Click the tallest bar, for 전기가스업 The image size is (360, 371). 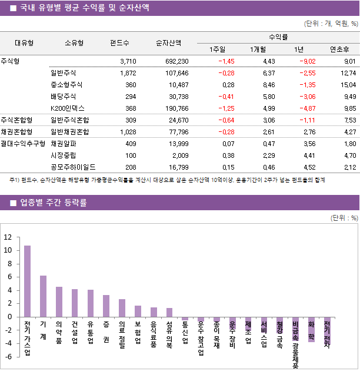[27, 281]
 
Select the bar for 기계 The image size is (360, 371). [43, 296]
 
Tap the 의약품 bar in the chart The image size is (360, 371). [59, 302]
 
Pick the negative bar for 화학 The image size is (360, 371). [311, 329]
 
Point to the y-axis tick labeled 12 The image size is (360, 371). [8, 237]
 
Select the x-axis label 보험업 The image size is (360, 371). [138, 333]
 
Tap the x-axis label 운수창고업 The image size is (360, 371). [201, 339]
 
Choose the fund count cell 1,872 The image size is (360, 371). [128, 74]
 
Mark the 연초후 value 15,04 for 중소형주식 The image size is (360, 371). [345, 85]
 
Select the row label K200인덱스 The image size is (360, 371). [68, 108]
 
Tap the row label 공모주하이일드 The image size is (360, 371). [73, 167]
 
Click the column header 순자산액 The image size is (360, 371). [168, 43]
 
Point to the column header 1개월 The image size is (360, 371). [258, 49]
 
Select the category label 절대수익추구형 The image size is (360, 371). [24, 143]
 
